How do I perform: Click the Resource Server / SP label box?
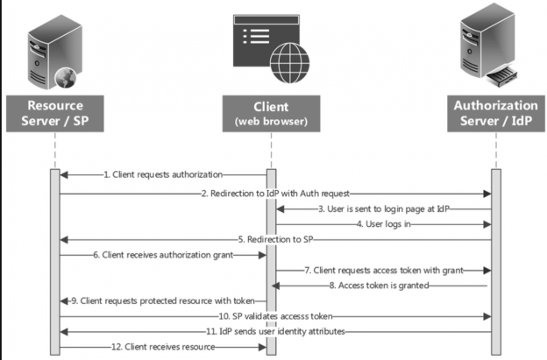[x=54, y=112]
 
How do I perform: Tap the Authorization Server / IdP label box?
[x=494, y=112]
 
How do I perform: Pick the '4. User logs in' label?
[x=386, y=223]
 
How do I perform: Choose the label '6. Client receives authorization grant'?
[x=163, y=255]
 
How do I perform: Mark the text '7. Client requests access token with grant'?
[x=382, y=271]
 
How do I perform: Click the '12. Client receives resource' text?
[x=163, y=348]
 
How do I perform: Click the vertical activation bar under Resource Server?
[x=54, y=263]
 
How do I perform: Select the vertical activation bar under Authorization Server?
[x=495, y=263]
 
